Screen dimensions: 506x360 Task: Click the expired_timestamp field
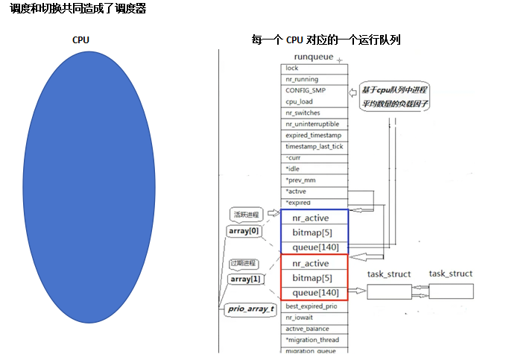pos(313,136)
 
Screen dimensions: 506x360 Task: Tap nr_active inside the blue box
pos(311,218)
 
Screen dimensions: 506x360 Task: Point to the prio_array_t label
pos(250,309)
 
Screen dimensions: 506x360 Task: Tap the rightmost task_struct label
pos(450,274)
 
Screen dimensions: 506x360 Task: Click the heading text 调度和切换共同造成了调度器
pos(78,8)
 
